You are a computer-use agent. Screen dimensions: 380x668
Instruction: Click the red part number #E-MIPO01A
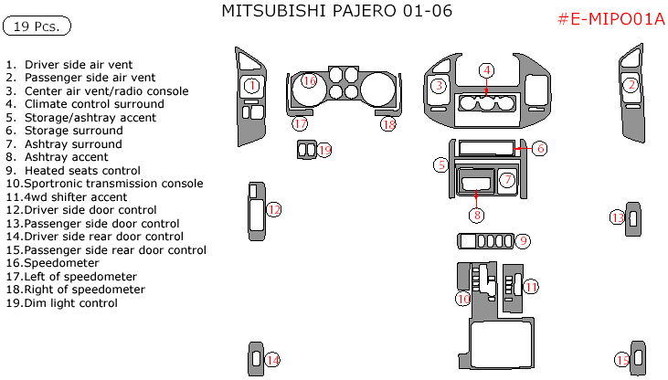tap(610, 19)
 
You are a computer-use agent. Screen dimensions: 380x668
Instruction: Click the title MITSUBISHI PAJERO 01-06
tap(337, 11)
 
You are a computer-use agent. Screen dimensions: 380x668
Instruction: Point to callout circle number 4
tap(487, 70)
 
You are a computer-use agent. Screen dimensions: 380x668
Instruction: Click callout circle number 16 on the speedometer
tap(309, 82)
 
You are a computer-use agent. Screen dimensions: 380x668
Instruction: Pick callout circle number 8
tap(476, 216)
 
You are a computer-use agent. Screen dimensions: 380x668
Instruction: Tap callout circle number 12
tap(274, 209)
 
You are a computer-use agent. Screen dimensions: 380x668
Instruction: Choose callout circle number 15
tap(621, 360)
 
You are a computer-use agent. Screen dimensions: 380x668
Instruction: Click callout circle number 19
tap(323, 150)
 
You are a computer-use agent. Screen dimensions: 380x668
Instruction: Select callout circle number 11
tap(530, 286)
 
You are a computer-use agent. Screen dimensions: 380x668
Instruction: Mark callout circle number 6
tap(540, 148)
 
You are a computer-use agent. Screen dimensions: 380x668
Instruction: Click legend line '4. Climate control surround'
tap(85, 104)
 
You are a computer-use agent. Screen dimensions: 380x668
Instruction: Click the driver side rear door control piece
tap(255, 359)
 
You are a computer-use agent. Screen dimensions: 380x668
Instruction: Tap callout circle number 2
tap(631, 86)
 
